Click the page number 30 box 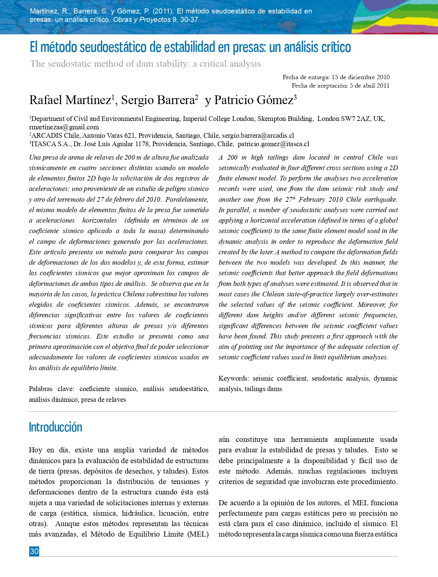tap(34, 551)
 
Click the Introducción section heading tap(56, 427)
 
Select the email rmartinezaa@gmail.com tap(64, 127)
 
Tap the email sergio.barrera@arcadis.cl tap(258, 136)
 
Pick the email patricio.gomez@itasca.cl tap(273, 144)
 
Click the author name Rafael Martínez tap(70, 100)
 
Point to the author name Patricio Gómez tap(254, 100)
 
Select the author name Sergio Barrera tap(157, 100)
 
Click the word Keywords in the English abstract tap(233, 379)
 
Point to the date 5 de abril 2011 tap(369, 86)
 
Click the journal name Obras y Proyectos tap(142, 20)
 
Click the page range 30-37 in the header tap(189, 20)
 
